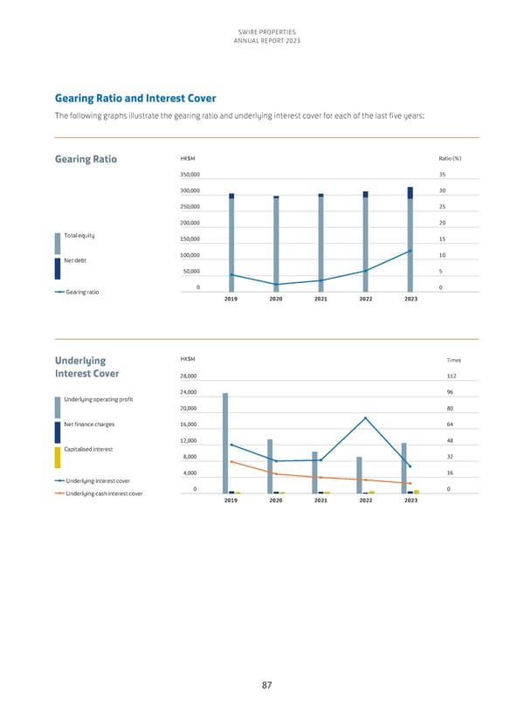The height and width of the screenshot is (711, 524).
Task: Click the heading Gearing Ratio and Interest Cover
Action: (134, 98)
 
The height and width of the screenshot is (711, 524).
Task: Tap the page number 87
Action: (267, 686)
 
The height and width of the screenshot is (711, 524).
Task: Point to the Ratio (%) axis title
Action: (450, 158)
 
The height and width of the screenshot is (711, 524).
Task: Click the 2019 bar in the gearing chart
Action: (231, 245)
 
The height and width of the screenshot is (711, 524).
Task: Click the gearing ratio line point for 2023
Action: (410, 252)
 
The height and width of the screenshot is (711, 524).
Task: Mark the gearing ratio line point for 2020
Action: (276, 285)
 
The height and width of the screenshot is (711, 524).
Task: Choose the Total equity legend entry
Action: (79, 237)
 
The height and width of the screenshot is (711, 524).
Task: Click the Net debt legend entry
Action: (76, 260)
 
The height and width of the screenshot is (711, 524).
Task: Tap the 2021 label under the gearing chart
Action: (321, 299)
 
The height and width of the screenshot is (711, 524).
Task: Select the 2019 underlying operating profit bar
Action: (225, 443)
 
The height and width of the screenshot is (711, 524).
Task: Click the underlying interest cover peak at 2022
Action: (365, 418)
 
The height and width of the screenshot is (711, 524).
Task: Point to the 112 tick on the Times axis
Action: (450, 376)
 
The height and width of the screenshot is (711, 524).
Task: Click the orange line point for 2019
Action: (231, 461)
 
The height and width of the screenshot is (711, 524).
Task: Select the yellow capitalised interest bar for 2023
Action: (417, 492)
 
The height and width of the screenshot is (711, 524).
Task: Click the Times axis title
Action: (453, 359)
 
